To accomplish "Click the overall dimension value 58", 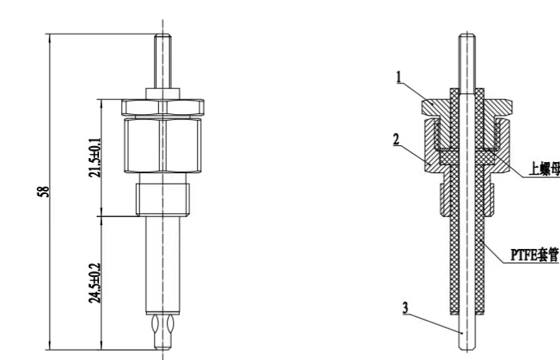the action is click(44, 192).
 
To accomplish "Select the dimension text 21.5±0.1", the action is click(95, 157).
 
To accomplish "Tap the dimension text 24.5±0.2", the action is click(95, 283).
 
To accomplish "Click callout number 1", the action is click(399, 77).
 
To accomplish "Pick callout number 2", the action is click(396, 139).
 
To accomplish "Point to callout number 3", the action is click(405, 308).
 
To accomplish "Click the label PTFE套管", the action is click(534, 255).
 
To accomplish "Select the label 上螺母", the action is click(544, 168).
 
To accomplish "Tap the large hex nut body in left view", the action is click(163, 145).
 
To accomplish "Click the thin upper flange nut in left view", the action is click(163, 107).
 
